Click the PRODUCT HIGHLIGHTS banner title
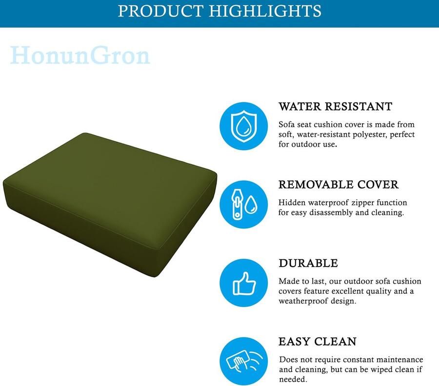click(219, 11)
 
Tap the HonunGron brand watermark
click(80, 56)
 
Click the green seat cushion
click(110, 204)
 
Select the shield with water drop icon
click(243, 126)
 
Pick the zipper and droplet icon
click(243, 205)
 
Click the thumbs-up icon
click(244, 283)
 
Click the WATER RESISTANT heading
click(335, 106)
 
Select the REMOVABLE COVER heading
click(338, 185)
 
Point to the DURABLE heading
click(308, 263)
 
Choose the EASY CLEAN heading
click(318, 342)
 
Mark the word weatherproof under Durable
click(303, 301)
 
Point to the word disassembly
click(331, 213)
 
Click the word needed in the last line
click(293, 379)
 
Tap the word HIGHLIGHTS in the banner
click(265, 11)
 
